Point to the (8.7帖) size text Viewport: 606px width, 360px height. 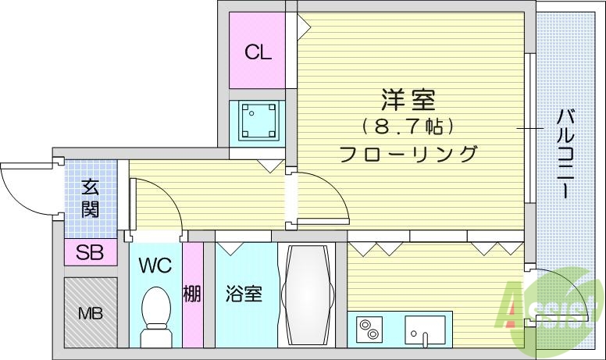click(x=408, y=126)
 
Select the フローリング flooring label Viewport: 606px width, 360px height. click(x=408, y=153)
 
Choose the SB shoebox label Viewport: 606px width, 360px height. click(x=90, y=251)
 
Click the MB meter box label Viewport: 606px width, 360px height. click(x=90, y=314)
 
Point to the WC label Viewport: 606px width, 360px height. click(x=155, y=265)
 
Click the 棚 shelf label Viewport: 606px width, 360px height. click(x=192, y=294)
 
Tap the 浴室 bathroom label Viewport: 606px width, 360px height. click(x=243, y=294)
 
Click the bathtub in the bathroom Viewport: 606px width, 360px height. click(x=307, y=294)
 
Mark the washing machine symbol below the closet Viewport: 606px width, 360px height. click(x=256, y=120)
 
